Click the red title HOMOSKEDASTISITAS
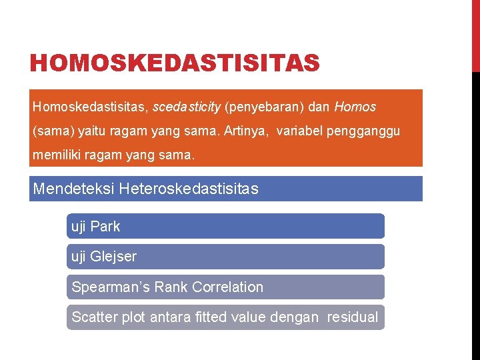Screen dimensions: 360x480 (x=175, y=64)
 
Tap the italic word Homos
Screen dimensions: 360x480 (x=355, y=107)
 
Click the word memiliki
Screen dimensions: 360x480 (x=55, y=155)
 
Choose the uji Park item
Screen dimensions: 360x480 (x=96, y=227)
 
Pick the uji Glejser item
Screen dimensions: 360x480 (x=104, y=257)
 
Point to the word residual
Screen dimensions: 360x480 (x=352, y=317)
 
